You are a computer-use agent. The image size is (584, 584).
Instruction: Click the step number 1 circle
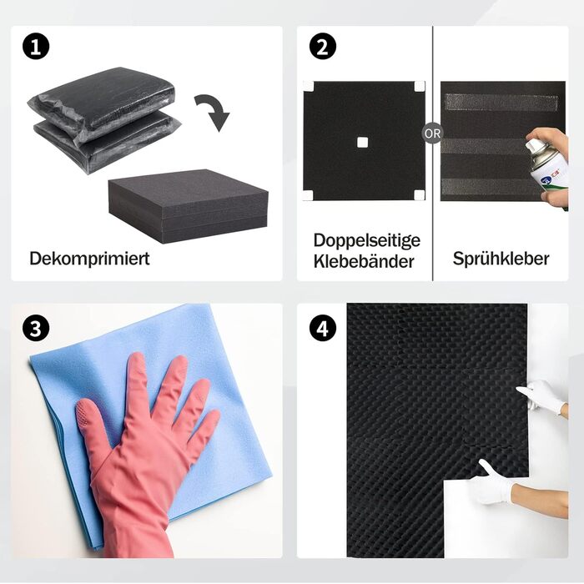point(36,47)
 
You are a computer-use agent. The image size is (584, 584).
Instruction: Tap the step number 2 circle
point(323,47)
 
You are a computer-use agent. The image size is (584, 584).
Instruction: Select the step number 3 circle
point(36,328)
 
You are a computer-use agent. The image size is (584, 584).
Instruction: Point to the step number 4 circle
point(323,328)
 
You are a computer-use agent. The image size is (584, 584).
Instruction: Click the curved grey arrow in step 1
point(214,110)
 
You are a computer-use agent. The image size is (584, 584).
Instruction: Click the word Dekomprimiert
point(89,259)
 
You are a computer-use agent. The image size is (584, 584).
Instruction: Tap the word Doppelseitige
point(367,240)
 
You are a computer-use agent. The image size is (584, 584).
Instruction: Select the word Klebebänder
point(364,261)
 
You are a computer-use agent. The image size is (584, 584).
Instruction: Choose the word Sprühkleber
point(501,259)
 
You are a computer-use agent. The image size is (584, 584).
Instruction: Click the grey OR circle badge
point(432,133)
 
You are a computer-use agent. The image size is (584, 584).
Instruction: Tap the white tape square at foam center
point(362,143)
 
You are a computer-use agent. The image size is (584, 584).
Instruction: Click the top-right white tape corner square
point(420,87)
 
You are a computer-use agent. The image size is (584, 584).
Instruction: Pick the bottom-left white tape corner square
point(308,195)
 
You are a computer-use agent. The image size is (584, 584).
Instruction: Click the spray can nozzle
point(531,144)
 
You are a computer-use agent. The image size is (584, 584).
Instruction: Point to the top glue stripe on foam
point(501,103)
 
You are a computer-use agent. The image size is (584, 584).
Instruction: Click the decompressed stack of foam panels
point(188,206)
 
